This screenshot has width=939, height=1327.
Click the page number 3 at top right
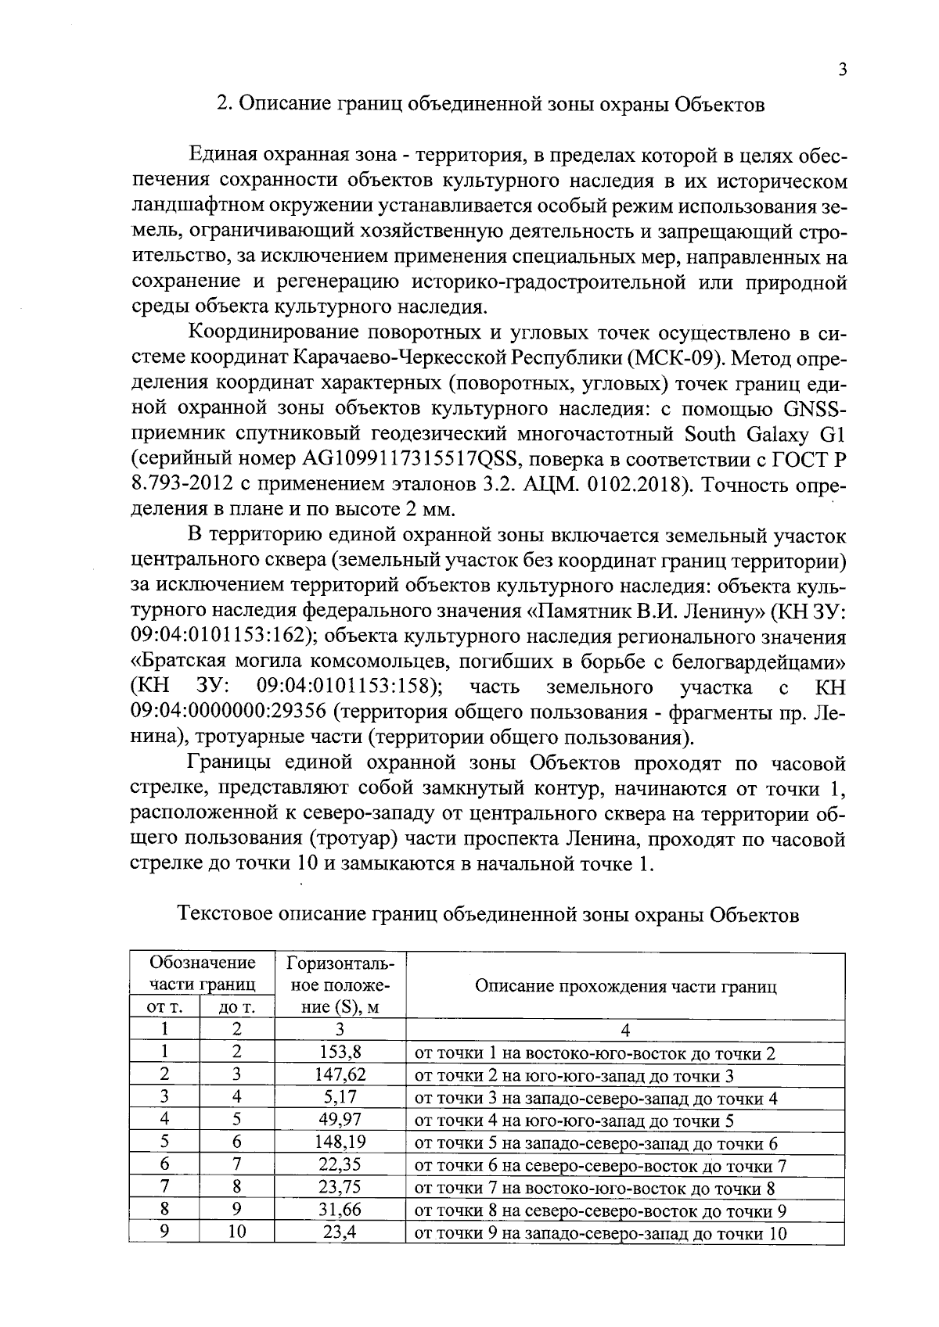click(x=842, y=70)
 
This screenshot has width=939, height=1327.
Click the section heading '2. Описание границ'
click(x=490, y=104)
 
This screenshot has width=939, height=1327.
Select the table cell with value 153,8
click(x=340, y=1053)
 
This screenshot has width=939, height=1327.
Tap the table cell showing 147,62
click(x=340, y=1075)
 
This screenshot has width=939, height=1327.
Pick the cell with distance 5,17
click(x=340, y=1098)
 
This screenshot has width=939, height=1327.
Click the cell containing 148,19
click(x=340, y=1143)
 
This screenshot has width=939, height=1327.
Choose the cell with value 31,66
click(x=340, y=1210)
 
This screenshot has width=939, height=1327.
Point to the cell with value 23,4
click(x=340, y=1233)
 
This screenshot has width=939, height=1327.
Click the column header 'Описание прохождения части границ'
click(x=625, y=985)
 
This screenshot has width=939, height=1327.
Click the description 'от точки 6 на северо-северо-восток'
click(x=599, y=1166)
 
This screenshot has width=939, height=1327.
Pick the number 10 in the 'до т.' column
click(x=237, y=1233)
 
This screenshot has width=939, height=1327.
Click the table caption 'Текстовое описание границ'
click(x=489, y=914)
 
